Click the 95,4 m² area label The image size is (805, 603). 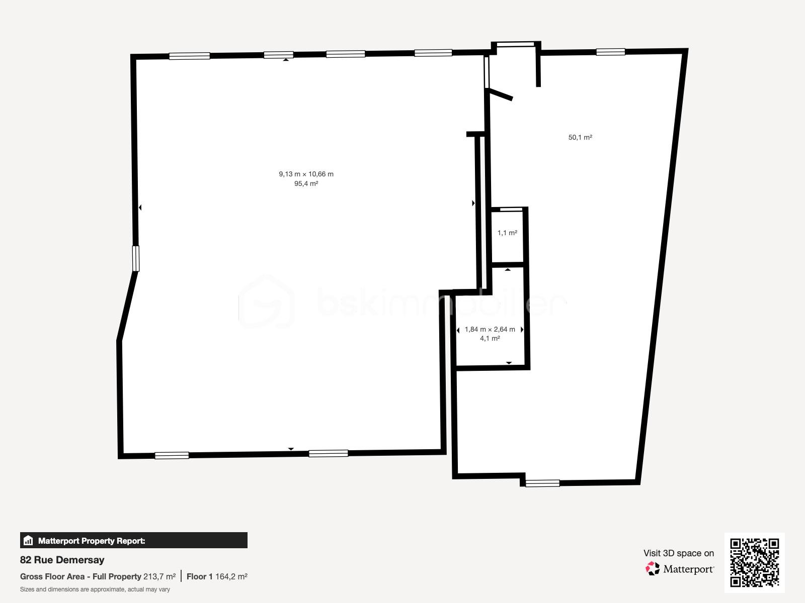point(306,184)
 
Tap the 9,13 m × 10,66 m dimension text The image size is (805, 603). point(306,174)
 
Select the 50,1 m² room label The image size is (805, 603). point(580,137)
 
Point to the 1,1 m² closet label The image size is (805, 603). point(507,233)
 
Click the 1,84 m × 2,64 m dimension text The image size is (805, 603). point(490,330)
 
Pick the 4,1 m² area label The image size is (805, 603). point(490,339)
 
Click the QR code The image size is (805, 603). point(754,563)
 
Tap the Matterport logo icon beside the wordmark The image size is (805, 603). point(653,569)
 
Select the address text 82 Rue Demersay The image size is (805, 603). point(62,560)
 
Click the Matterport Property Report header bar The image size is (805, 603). point(134,541)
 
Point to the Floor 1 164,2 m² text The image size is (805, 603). point(217,576)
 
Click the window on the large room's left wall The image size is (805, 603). point(135,259)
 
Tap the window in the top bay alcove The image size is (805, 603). point(516,44)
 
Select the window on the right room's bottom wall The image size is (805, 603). point(542,483)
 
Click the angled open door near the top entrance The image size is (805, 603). point(500,94)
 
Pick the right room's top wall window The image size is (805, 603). point(610,52)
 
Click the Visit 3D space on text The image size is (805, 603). point(678,553)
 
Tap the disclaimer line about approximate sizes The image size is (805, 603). point(95,589)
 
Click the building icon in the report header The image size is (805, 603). point(28,541)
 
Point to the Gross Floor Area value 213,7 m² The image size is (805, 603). point(159,576)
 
